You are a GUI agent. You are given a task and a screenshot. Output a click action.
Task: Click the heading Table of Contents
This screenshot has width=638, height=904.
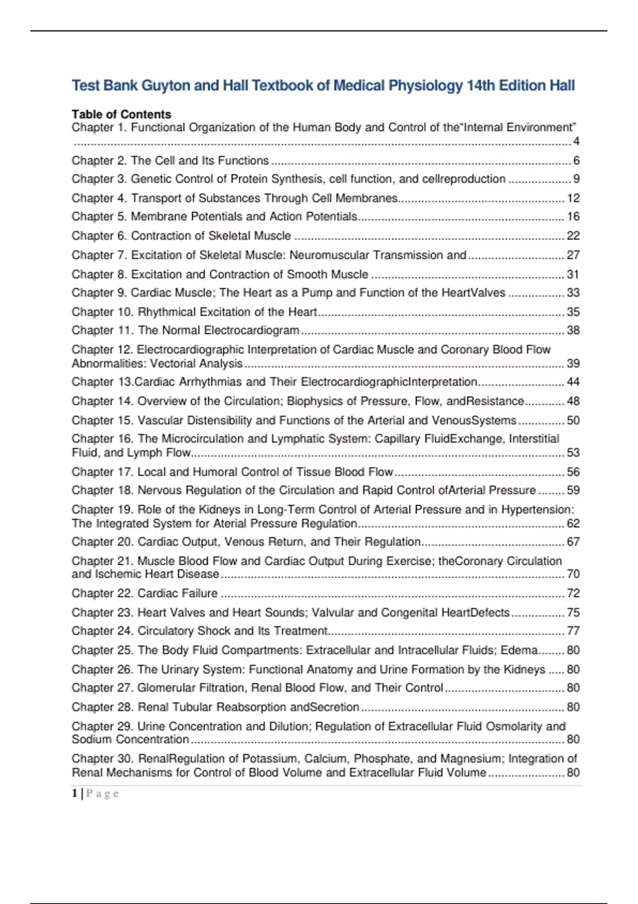tap(121, 114)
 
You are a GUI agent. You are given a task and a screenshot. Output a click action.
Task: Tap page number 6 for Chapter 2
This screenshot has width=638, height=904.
tap(576, 161)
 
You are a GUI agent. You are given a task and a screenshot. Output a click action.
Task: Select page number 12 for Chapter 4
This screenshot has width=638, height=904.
tap(573, 198)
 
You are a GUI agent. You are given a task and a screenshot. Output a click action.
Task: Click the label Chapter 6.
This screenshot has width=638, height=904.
tap(99, 236)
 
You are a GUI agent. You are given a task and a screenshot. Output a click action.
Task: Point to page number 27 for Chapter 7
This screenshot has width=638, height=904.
tap(573, 255)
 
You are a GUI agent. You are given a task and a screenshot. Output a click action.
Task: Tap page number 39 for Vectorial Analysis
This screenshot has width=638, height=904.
tap(573, 364)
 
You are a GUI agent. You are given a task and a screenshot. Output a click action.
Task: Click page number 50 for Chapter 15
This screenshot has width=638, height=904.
tap(573, 421)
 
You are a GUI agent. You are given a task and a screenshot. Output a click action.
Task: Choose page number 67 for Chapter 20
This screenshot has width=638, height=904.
tap(573, 542)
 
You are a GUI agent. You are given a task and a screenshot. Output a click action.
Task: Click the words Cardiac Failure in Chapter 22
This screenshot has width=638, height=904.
tap(178, 593)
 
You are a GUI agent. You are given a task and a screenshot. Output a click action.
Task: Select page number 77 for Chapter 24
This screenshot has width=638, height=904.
tap(573, 631)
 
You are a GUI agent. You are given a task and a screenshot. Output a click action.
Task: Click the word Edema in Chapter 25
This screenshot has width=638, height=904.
tap(523, 650)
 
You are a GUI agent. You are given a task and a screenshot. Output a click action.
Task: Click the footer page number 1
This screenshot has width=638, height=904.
tap(75, 793)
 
